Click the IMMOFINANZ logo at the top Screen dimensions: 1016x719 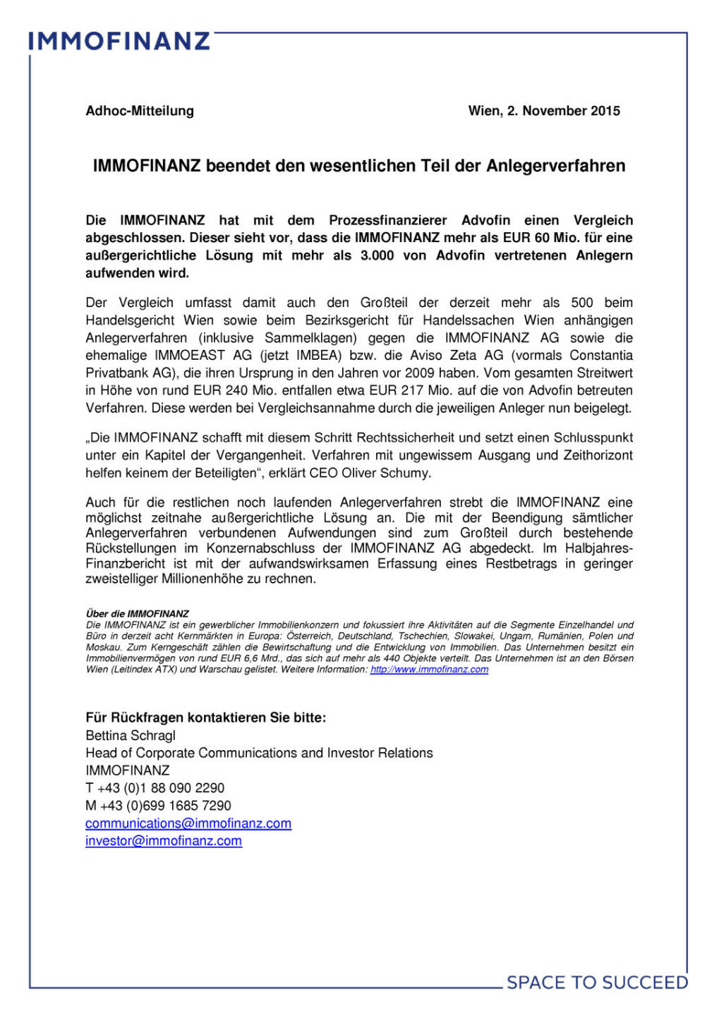(x=119, y=41)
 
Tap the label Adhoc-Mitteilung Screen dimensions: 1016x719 (x=140, y=111)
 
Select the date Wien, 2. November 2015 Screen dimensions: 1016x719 (x=544, y=111)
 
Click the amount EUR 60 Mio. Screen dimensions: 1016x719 (x=536, y=238)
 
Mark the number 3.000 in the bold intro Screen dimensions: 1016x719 (x=377, y=255)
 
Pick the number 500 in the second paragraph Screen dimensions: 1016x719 (x=582, y=303)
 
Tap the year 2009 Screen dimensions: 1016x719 (x=420, y=373)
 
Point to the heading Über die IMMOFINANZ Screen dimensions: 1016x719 (x=138, y=614)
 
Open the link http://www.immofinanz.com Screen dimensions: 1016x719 (x=429, y=670)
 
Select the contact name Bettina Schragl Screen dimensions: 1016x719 (x=131, y=735)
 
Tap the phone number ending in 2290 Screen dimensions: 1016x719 (x=155, y=788)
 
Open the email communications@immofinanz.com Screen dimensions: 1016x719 (x=188, y=823)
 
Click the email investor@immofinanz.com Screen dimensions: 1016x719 (x=164, y=841)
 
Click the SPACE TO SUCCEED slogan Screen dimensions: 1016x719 (x=597, y=983)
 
